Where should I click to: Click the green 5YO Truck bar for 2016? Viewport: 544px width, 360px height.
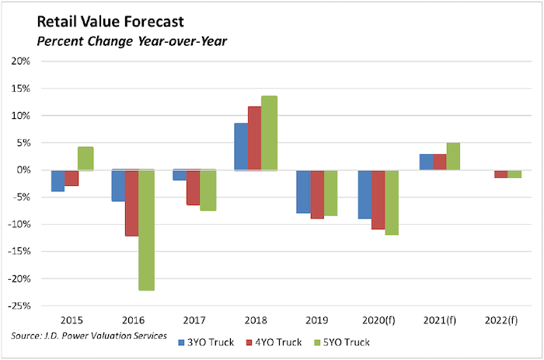click(x=146, y=230)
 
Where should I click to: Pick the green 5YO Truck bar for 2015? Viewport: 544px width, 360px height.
click(x=85, y=159)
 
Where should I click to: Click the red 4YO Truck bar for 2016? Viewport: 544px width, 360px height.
click(x=132, y=203)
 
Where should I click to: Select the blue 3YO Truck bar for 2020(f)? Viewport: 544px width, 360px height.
click(x=364, y=194)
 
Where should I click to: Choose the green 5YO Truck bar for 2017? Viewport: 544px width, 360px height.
click(x=207, y=190)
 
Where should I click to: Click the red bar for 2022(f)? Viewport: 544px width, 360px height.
click(x=501, y=174)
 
